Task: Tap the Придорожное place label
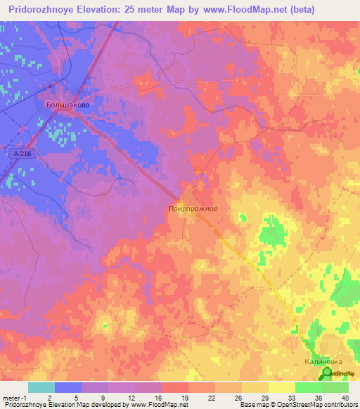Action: pyautogui.click(x=193, y=209)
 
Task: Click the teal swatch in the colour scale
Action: pyautogui.click(x=41, y=387)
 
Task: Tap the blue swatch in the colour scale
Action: pyautogui.click(x=67, y=387)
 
